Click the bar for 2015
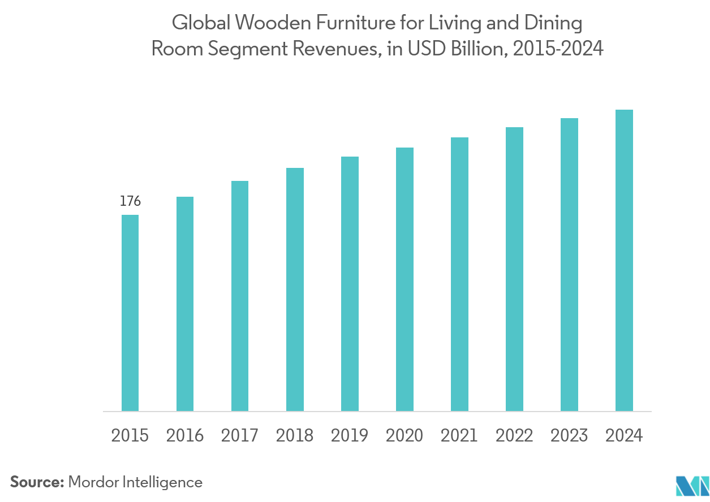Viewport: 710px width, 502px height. (x=130, y=313)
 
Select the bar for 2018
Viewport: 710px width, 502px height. (x=295, y=289)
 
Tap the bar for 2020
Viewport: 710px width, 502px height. (x=405, y=279)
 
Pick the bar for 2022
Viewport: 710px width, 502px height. (x=514, y=269)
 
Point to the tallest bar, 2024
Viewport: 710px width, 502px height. (x=624, y=260)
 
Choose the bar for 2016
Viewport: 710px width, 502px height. (x=185, y=304)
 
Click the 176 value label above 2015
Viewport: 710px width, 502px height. (x=130, y=201)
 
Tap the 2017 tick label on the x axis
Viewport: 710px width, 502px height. (x=240, y=436)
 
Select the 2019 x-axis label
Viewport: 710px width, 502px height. (x=350, y=436)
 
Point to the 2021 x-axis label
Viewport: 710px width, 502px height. (x=459, y=436)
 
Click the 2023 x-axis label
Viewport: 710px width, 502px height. (x=569, y=436)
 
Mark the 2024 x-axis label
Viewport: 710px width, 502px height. (x=624, y=436)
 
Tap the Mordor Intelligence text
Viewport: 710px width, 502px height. (x=135, y=482)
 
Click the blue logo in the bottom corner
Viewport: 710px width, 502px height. (x=692, y=486)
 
